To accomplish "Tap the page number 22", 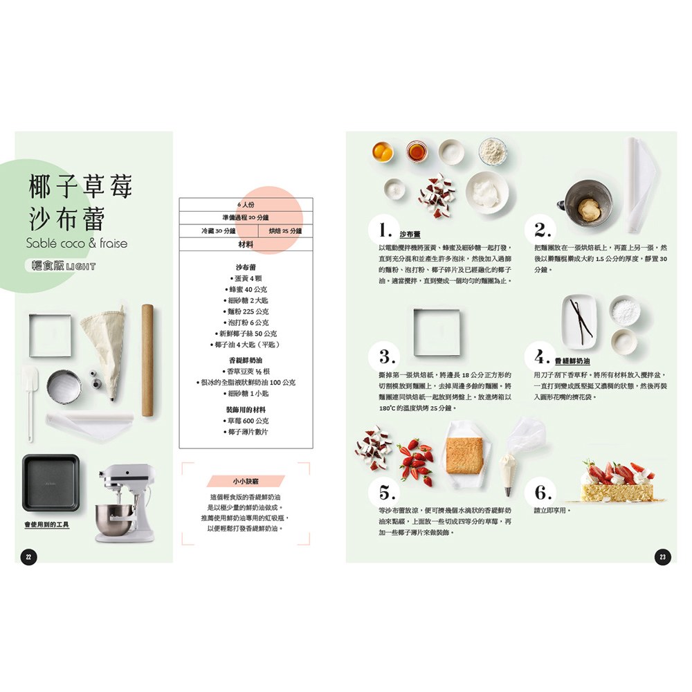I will [28, 557].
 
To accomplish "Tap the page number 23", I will [662, 557].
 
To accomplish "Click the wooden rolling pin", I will [147, 360].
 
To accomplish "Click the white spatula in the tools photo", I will [29, 398].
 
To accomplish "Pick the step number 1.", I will [386, 230].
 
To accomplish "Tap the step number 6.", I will [543, 493].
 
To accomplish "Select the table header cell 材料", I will [246, 244].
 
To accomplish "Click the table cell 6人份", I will [246, 205].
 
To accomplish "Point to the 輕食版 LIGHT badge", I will [59, 266].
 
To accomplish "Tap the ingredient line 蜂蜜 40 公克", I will [246, 289].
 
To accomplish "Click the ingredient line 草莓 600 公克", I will [246, 421].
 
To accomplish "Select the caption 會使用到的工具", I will [47, 525].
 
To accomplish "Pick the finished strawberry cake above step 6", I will [616, 481].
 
